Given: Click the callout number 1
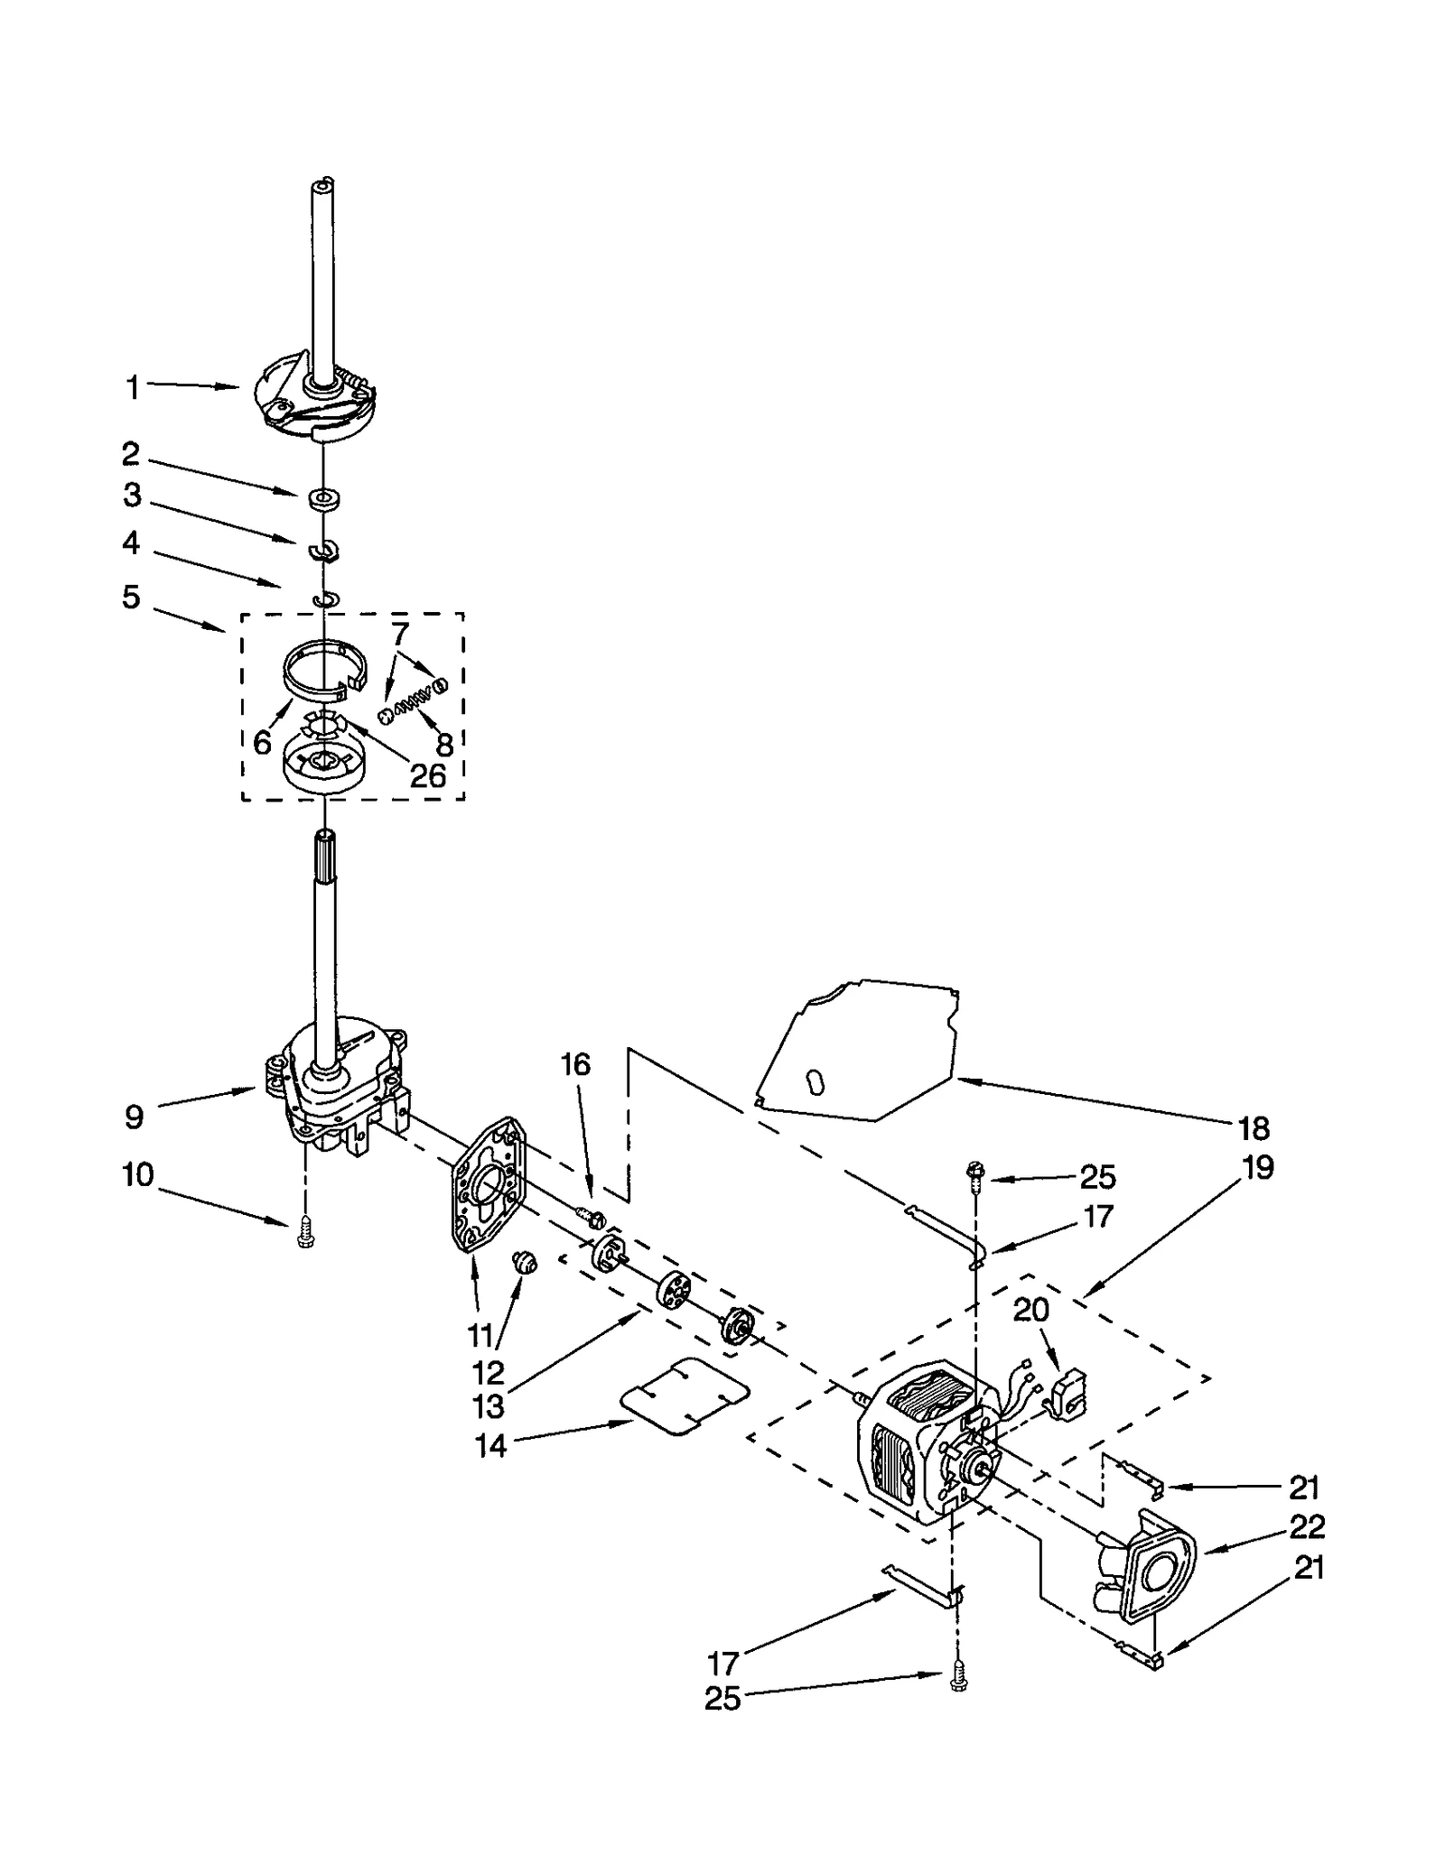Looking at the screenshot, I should (x=133, y=389).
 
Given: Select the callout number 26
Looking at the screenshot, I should (x=427, y=775).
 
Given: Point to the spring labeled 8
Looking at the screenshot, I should (x=415, y=700).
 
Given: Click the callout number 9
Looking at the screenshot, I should (x=134, y=1117).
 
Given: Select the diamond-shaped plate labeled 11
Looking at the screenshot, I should (x=487, y=1184).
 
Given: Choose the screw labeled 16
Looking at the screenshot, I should (x=592, y=1219).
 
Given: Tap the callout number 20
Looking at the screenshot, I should (x=1030, y=1310).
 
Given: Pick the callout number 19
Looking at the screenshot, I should (x=1257, y=1168).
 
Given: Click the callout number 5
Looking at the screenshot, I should (x=132, y=598).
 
